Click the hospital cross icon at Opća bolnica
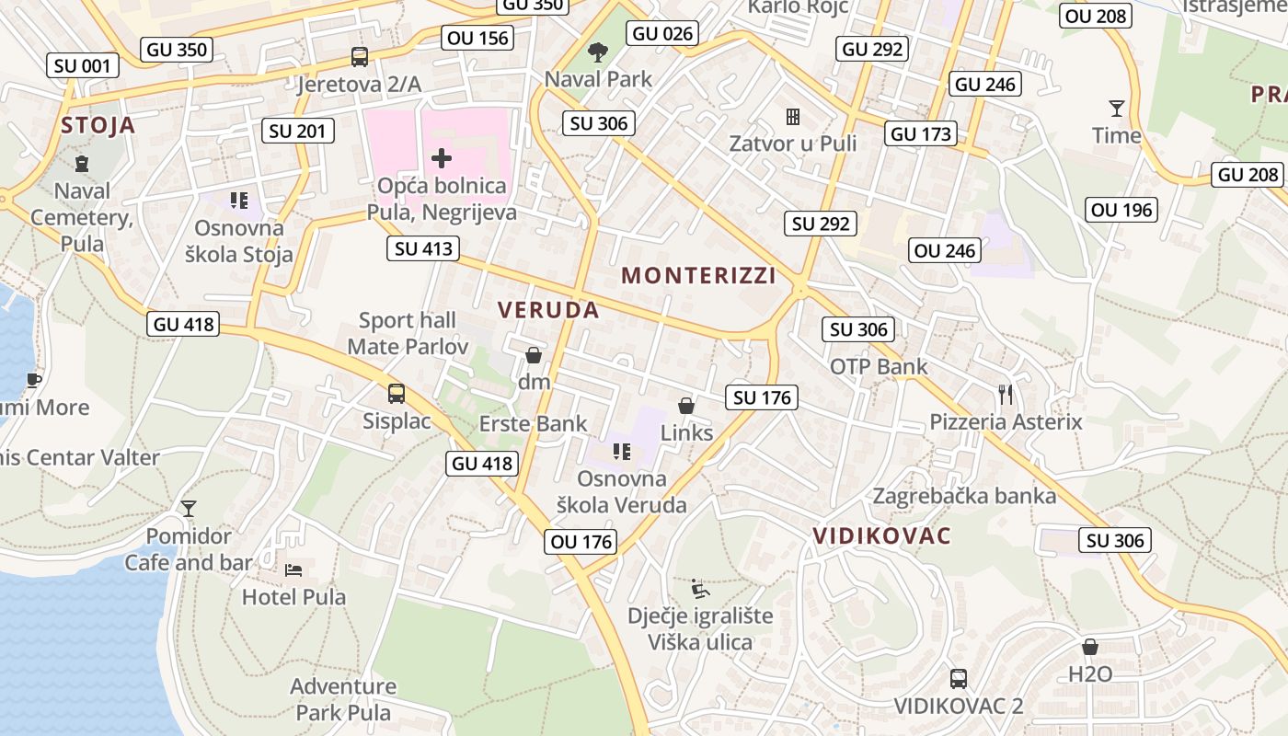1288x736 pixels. [x=442, y=158]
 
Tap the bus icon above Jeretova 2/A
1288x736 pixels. [x=360, y=57]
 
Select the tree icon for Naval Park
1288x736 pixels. [x=598, y=52]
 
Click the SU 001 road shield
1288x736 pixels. [x=82, y=65]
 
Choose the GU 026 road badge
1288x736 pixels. [x=662, y=34]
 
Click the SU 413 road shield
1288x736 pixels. [x=422, y=247]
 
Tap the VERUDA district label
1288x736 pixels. [x=548, y=310]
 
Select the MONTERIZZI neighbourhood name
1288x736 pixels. [x=698, y=275]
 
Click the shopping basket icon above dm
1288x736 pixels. [x=534, y=355]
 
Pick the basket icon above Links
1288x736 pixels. [x=686, y=406]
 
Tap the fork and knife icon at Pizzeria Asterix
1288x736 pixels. [x=1006, y=395]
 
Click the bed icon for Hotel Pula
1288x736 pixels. [x=293, y=570]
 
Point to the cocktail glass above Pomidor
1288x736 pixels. [x=189, y=509]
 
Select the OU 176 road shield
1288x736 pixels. [x=581, y=542]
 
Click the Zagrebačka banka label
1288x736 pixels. [x=964, y=496]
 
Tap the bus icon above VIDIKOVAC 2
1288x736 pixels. [x=959, y=679]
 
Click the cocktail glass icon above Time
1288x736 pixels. [x=1117, y=109]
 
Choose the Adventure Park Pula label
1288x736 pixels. [x=343, y=699]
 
